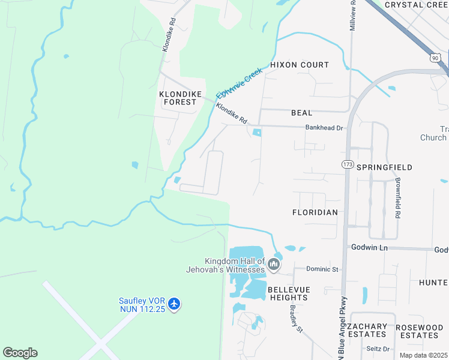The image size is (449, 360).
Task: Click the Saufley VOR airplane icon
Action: (174, 304)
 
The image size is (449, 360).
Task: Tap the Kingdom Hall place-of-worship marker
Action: (274, 265)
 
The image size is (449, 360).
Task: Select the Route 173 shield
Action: (347, 164)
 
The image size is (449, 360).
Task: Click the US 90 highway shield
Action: (436, 57)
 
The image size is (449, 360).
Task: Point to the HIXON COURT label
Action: (300, 65)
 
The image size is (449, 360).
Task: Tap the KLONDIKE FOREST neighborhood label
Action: (178, 98)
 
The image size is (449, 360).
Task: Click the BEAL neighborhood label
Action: (301, 113)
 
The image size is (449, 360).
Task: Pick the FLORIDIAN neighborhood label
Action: (315, 212)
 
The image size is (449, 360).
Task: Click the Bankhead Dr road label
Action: (324, 128)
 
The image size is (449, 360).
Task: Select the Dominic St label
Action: (323, 269)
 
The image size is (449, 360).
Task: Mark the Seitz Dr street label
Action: (378, 349)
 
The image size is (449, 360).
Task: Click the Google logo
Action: (20, 353)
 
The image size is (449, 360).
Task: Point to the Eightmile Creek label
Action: (240, 83)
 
